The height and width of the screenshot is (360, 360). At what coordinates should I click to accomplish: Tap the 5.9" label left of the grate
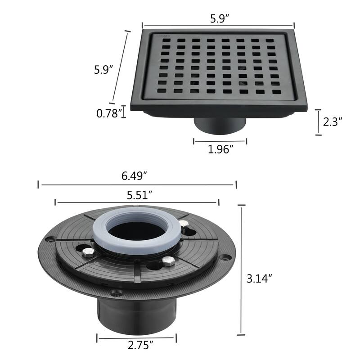[103, 70]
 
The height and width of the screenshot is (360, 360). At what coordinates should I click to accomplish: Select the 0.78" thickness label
[109, 114]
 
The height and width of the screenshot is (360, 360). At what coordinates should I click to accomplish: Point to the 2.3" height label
[333, 121]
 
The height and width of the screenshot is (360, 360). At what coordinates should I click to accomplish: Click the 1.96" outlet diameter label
[220, 149]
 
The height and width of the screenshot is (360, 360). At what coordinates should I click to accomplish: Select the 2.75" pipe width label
[138, 346]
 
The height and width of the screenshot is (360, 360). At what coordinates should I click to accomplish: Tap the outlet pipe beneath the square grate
[220, 126]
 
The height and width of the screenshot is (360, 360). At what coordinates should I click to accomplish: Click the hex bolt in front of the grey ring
[168, 261]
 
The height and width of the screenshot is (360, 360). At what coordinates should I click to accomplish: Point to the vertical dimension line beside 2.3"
[318, 121]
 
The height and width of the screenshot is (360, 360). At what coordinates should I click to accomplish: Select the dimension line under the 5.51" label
[137, 202]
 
